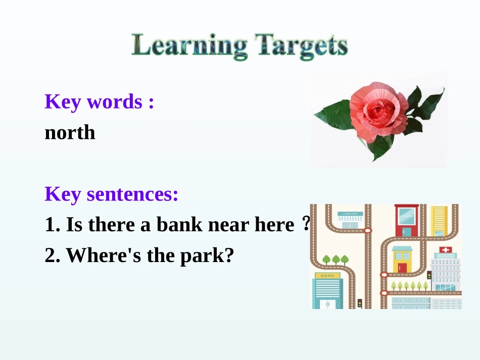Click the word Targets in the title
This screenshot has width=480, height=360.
[301, 46]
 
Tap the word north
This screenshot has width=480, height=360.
[70, 132]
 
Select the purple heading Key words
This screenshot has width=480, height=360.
[99, 101]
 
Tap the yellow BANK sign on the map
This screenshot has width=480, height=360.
[327, 276]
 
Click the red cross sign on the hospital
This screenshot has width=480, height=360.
[445, 249]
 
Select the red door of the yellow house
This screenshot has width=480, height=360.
[402, 268]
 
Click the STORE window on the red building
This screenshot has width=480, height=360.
[406, 217]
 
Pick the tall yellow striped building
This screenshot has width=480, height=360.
[439, 221]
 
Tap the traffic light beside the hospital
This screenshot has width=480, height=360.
[429, 275]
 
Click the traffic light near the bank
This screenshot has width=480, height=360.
[360, 303]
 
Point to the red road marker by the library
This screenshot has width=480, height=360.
[367, 230]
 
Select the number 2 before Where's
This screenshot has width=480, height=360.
[50, 255]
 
